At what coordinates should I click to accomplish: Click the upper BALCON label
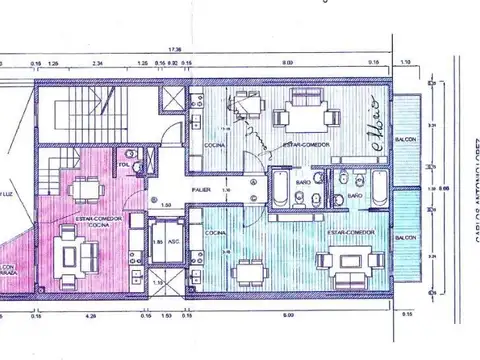point(406,139)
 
